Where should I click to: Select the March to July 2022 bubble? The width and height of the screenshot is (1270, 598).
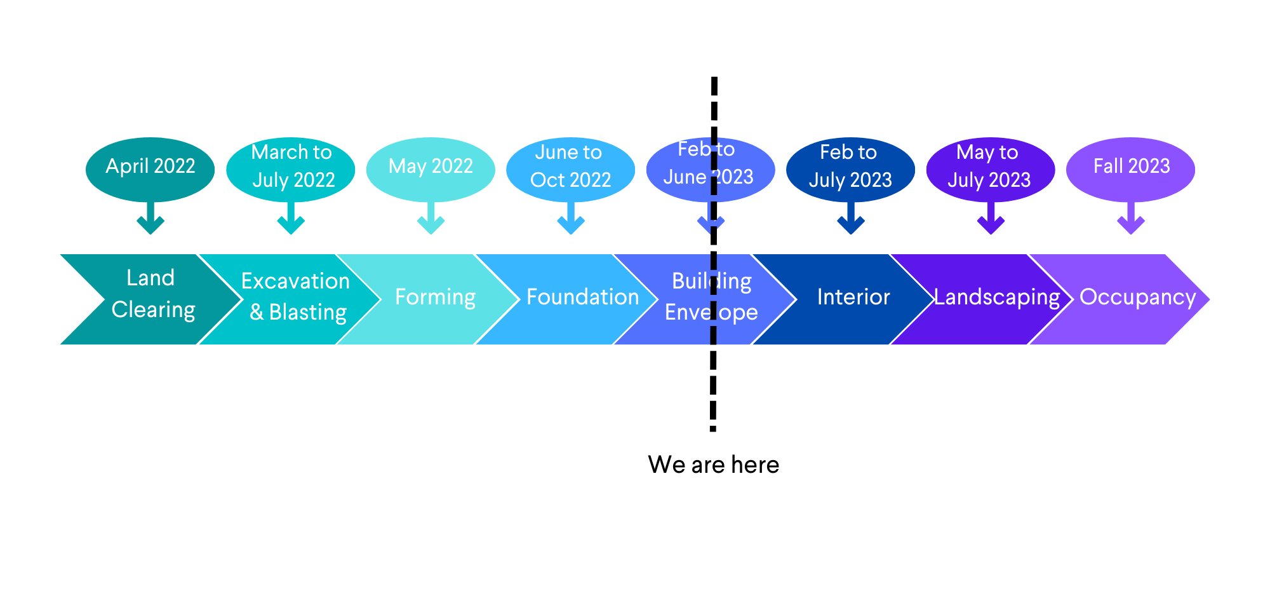(x=291, y=167)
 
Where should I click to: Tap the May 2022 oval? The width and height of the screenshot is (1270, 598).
(x=431, y=167)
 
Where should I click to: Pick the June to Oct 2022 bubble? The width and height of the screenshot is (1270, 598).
(x=570, y=167)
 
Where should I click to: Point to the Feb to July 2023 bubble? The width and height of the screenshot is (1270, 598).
(x=850, y=167)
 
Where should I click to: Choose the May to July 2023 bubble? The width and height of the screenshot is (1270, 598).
(x=990, y=167)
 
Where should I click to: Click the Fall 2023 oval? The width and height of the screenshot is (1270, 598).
(x=1131, y=167)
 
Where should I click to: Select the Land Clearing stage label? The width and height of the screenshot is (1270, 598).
(x=152, y=294)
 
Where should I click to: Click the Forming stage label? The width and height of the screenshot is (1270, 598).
(x=436, y=297)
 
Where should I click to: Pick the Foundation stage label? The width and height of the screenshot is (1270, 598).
(x=582, y=297)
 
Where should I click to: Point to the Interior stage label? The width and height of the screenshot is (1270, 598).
(x=853, y=297)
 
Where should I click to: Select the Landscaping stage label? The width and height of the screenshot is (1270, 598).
(x=996, y=297)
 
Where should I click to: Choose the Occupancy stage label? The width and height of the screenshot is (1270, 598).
(x=1137, y=297)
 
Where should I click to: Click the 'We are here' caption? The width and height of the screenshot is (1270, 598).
(x=713, y=465)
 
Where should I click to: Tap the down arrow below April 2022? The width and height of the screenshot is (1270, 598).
(x=150, y=219)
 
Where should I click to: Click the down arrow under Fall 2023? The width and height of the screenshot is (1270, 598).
(x=1131, y=219)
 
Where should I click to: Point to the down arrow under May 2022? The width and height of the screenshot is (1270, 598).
(x=431, y=219)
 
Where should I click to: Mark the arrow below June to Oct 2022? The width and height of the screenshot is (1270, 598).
(x=570, y=219)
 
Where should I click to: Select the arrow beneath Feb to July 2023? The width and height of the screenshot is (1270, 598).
(x=851, y=219)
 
